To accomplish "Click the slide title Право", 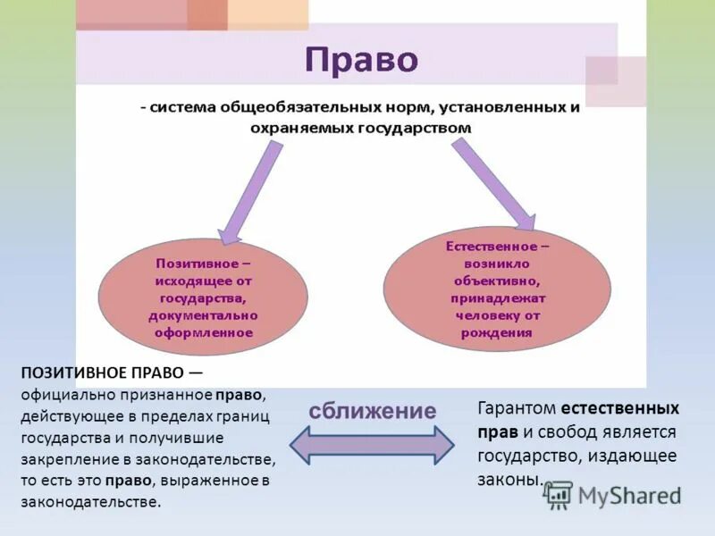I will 361,60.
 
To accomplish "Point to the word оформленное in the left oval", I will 203,331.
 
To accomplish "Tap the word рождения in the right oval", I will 497,332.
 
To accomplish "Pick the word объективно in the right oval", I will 498,281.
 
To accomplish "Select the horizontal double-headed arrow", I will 372,444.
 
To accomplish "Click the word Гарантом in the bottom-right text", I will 517,409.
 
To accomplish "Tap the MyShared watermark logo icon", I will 559,495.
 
